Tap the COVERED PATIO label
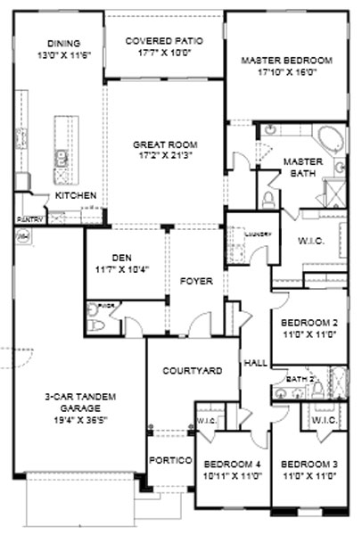coord(164,42)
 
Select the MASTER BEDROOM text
coord(286,61)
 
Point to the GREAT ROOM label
coord(164,144)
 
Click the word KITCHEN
coord(75,194)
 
